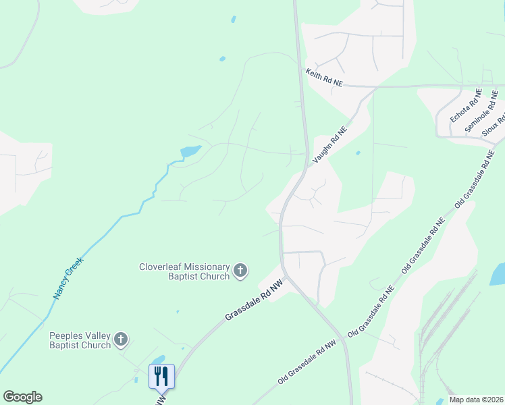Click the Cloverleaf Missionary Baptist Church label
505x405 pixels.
184,271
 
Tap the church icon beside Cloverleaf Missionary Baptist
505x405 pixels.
240,271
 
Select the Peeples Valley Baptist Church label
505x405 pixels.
80,340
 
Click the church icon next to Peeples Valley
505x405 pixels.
121,340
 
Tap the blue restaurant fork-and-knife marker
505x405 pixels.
161,376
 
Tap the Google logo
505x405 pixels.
22,397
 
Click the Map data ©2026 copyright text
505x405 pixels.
476,400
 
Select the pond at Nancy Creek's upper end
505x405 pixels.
190,151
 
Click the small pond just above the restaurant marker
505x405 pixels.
158,360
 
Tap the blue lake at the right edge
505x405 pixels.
498,273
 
